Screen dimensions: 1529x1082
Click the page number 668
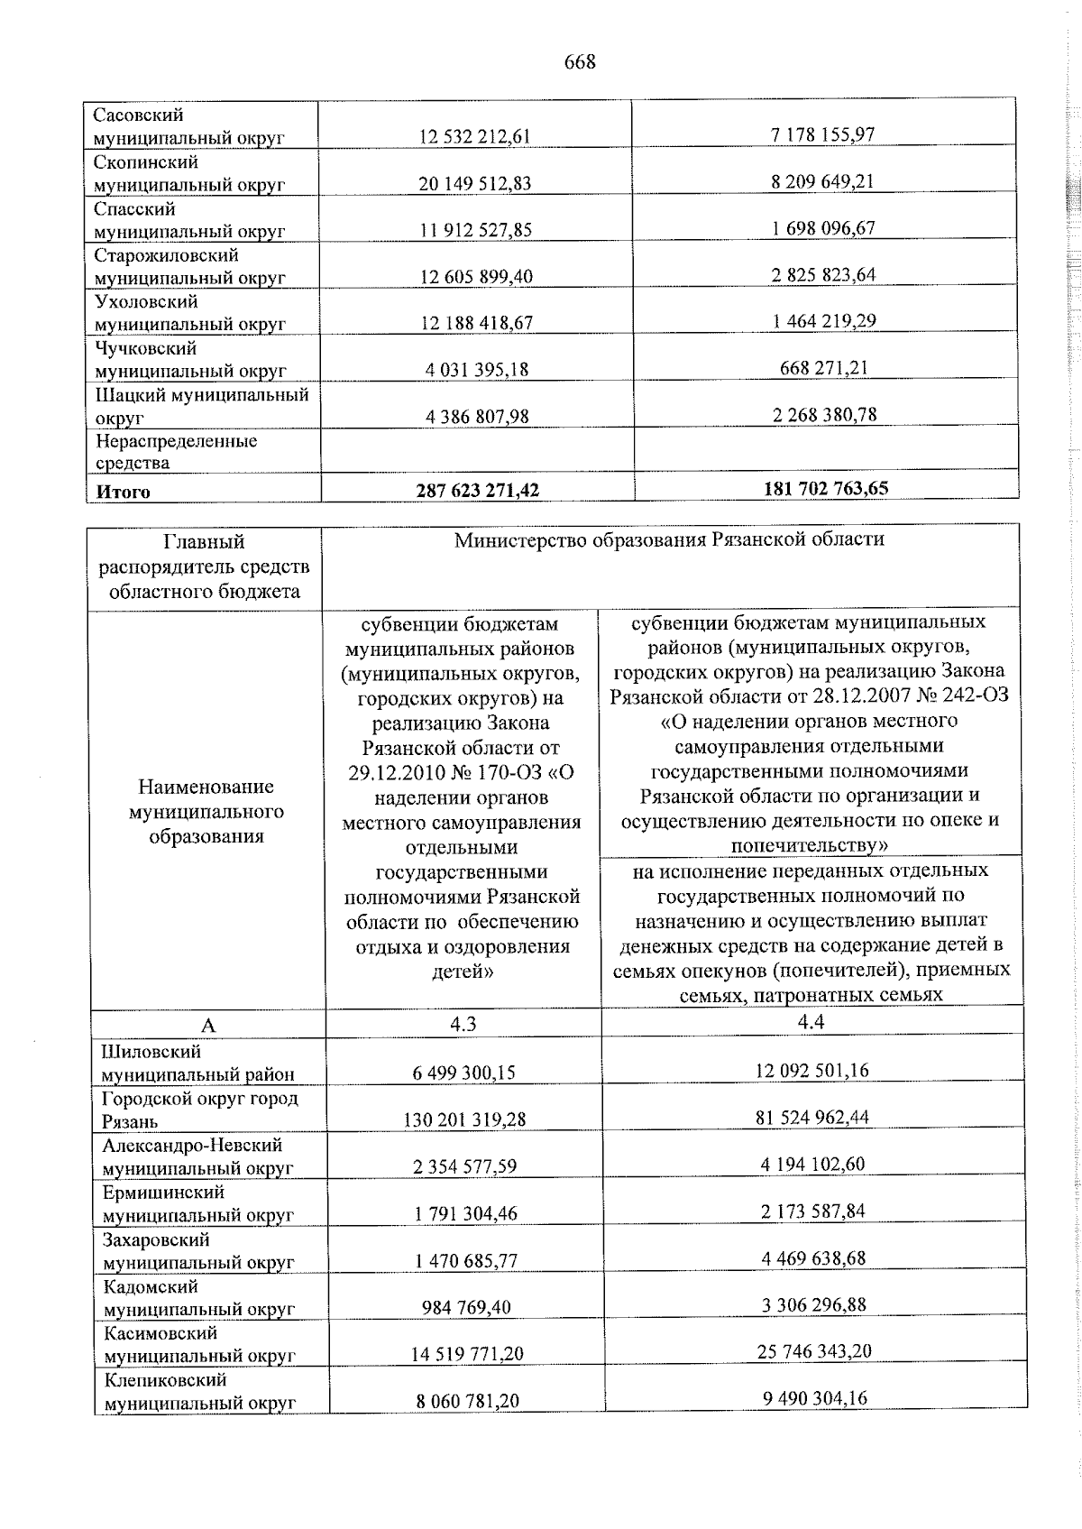(580, 62)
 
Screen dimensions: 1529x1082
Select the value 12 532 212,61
(475, 137)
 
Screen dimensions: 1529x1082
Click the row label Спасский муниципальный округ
(189, 220)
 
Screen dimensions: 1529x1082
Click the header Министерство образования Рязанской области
(669, 540)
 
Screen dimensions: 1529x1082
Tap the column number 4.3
(463, 1023)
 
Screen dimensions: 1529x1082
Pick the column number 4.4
(811, 1021)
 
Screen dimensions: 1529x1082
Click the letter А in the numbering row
(208, 1026)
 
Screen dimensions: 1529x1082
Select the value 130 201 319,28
(465, 1119)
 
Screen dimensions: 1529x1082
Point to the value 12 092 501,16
(812, 1071)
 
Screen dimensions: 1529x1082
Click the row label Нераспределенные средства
(176, 452)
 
